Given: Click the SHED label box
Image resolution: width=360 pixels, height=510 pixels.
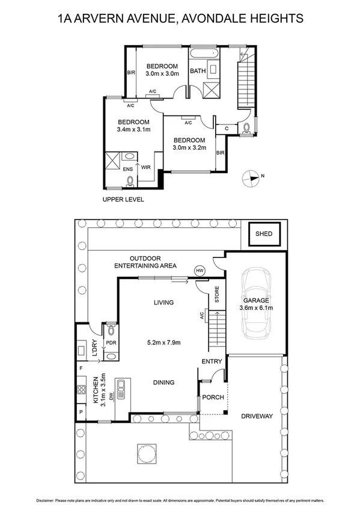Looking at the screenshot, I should coord(263,234).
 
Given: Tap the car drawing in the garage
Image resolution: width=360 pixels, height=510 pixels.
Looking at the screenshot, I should coord(258,304).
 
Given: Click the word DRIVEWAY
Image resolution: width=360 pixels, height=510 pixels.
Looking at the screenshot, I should coord(257,416).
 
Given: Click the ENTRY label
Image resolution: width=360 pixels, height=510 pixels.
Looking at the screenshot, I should coord(212,361).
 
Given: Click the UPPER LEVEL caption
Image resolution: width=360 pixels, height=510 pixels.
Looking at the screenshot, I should coord(123,200).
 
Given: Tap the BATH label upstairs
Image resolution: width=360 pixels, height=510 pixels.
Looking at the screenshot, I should coord(198,71).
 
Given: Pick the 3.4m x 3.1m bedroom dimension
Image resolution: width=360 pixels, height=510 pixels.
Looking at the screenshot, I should coord(133,129).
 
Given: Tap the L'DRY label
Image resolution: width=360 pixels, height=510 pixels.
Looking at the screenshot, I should coord(94,348).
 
